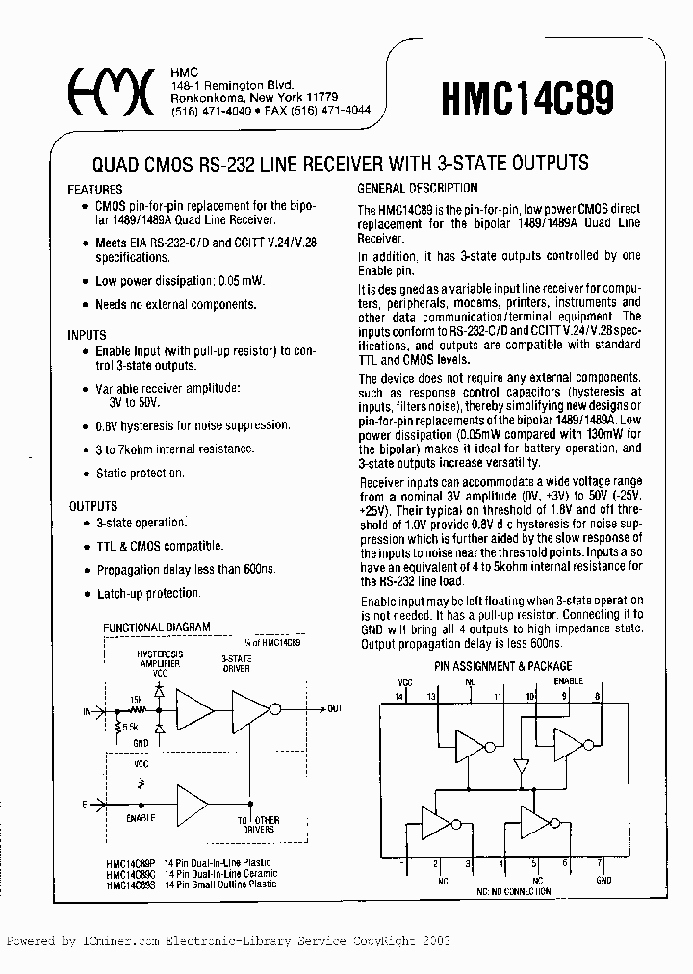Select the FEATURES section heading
pyautogui.click(x=95, y=190)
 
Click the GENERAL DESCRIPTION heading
pyautogui.click(x=417, y=189)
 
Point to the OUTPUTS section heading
pyautogui.click(x=93, y=506)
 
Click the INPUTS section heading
pyautogui.click(x=88, y=335)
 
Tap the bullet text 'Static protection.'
pyautogui.click(x=140, y=474)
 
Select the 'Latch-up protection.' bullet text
pyautogui.click(x=148, y=594)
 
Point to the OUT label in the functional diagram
pyautogui.click(x=335, y=709)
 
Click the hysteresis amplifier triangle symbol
pyautogui.click(x=196, y=711)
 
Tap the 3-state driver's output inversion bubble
pyautogui.click(x=274, y=710)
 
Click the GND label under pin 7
pyautogui.click(x=603, y=879)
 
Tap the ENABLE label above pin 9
pyautogui.click(x=569, y=679)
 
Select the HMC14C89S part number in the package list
pyautogui.click(x=127, y=884)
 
